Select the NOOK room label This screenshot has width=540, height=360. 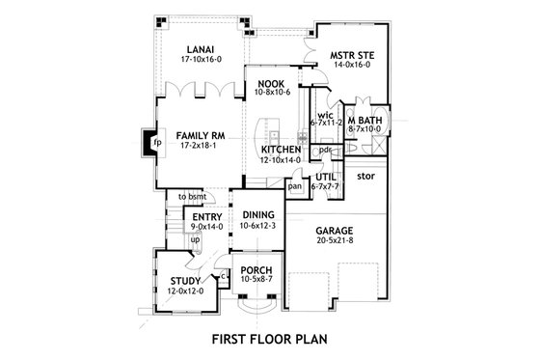pos(270,84)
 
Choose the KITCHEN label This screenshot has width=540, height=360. pos(282,150)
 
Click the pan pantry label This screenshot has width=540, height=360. pos(295,186)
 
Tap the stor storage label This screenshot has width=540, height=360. pos(364,178)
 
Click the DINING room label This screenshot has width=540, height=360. pos(258,214)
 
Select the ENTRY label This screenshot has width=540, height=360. pos(207,218)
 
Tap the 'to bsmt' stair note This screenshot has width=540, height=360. pos(192,197)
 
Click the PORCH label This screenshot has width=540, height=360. pos(256,270)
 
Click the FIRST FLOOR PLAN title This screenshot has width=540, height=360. pos(271,341)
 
